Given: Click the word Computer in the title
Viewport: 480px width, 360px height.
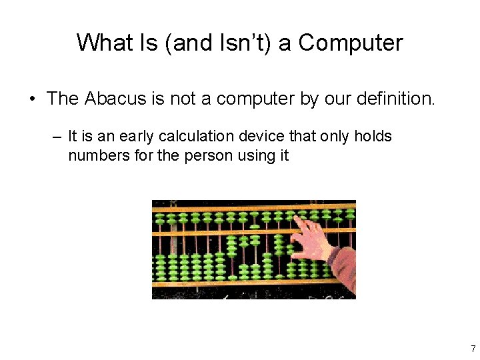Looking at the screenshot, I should point(351,43).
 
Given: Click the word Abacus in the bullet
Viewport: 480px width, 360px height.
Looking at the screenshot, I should point(111,99).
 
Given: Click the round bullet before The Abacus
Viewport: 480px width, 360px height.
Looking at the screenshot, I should point(32,99).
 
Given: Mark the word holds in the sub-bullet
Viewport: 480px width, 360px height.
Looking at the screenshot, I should point(374,137).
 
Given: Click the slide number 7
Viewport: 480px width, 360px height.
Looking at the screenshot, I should point(473,349).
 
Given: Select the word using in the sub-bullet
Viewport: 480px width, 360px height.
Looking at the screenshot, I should point(243,156).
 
